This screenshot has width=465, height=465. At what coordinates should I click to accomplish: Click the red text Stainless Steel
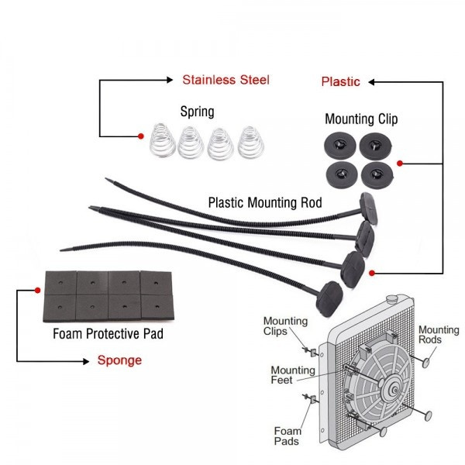(x=226, y=80)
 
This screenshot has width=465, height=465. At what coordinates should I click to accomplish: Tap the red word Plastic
(x=340, y=81)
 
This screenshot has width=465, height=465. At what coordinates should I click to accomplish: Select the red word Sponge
(x=119, y=360)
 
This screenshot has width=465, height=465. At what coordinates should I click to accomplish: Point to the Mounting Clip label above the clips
(x=361, y=119)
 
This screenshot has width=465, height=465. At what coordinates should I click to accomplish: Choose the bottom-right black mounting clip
(x=377, y=170)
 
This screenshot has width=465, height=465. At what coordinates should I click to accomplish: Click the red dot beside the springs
(x=141, y=136)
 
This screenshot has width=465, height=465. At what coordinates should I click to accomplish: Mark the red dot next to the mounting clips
(x=399, y=164)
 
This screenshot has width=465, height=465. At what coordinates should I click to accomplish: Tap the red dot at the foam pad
(x=38, y=291)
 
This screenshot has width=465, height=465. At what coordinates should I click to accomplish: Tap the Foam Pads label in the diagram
(x=288, y=436)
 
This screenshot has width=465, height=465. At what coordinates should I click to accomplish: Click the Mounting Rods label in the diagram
(x=439, y=335)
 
